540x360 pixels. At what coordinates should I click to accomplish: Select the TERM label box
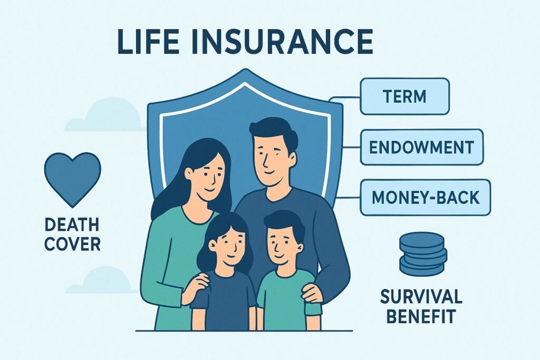click(404, 96)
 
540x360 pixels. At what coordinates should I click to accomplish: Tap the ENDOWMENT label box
click(421, 147)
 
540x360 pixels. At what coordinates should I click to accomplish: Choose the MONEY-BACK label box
click(425, 197)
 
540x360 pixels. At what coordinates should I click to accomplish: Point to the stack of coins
click(422, 254)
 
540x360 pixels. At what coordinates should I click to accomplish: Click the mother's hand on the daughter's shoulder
click(196, 285)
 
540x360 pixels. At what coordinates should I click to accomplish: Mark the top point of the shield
click(244, 70)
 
